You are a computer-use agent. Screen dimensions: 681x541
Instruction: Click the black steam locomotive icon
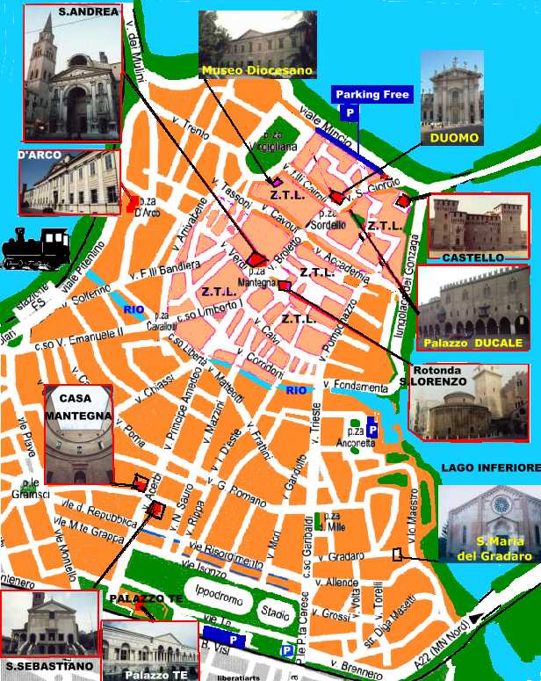tap(36, 249)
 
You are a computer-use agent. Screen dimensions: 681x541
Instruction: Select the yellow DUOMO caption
tap(454, 138)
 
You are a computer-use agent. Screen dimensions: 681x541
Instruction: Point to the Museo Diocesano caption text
tap(257, 70)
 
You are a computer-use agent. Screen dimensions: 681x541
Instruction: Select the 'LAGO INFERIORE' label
tap(490, 468)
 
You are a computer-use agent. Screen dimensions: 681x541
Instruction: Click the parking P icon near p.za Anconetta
tap(371, 430)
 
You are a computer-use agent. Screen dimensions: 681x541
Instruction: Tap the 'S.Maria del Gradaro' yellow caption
tap(493, 549)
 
